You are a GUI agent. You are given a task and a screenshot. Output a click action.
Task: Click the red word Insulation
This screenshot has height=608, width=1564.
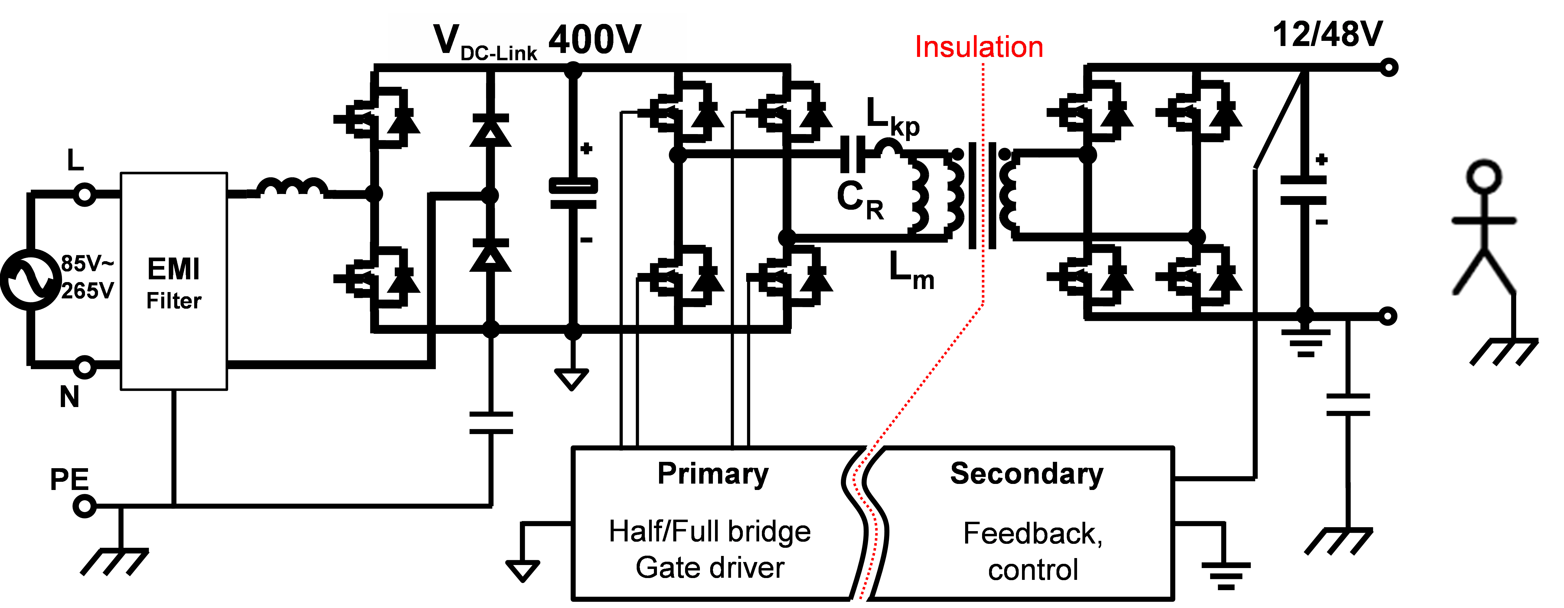tap(979, 48)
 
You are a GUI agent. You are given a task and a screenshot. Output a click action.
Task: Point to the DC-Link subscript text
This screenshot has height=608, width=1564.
tap(498, 54)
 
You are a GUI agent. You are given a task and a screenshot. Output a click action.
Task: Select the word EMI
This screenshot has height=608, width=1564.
tap(174, 269)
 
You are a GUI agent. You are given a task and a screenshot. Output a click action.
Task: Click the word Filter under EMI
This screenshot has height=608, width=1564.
tap(174, 301)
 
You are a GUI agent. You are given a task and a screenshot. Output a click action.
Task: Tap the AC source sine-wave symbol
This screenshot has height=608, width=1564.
tap(30, 279)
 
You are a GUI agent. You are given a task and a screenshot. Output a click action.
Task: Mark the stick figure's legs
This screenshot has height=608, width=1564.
tap(1484, 273)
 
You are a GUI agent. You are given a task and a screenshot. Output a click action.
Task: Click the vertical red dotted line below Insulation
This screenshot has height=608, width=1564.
tap(983, 182)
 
